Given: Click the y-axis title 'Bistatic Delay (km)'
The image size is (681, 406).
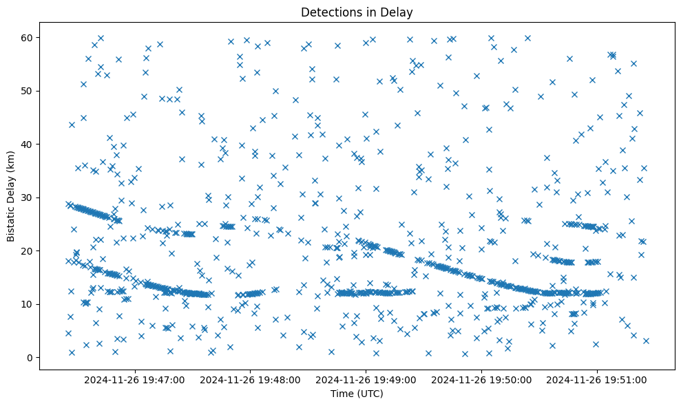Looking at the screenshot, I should pyautogui.click(x=12, y=197).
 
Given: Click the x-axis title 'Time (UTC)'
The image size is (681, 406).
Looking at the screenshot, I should pyautogui.click(x=357, y=394).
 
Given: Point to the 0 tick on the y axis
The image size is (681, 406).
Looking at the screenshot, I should pyautogui.click(x=29, y=358).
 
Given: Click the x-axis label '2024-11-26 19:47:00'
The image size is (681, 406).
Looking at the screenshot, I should pyautogui.click(x=134, y=379).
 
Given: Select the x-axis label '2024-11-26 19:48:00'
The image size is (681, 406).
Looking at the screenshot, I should pyautogui.click(x=249, y=379).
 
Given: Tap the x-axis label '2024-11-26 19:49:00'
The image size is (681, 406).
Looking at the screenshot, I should pyautogui.click(x=366, y=379).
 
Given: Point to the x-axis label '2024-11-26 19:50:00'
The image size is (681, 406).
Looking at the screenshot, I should pyautogui.click(x=481, y=379).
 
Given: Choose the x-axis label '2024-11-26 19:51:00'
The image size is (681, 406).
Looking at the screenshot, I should pyautogui.click(x=597, y=379).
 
